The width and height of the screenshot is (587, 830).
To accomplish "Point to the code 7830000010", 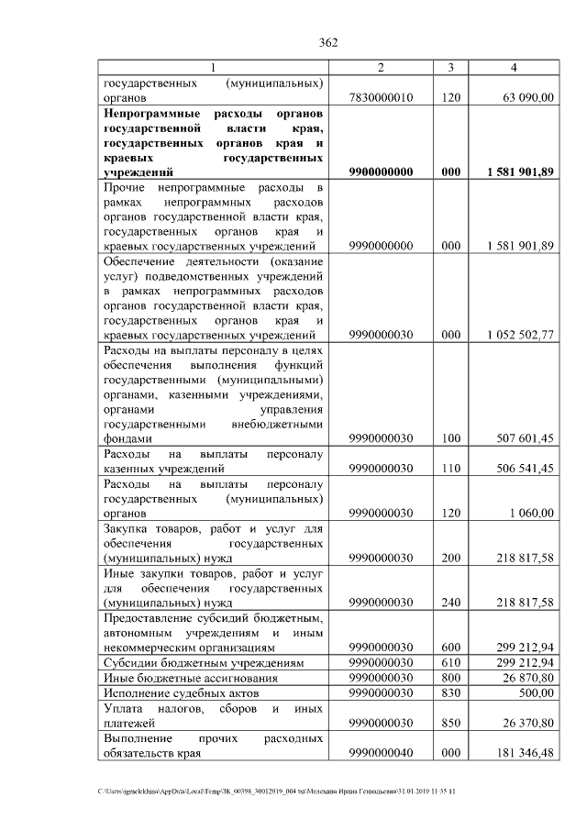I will coord(381,96).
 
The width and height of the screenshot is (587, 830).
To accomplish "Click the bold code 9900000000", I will coord(381,172).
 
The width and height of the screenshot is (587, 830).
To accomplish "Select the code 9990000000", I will coord(381,246).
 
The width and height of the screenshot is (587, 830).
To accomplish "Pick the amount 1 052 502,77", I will coord(520,336).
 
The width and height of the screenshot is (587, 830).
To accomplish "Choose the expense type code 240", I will coord(450,603).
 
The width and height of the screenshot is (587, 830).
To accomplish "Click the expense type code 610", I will coord(450,662).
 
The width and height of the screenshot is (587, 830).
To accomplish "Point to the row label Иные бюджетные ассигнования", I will coord(183,678).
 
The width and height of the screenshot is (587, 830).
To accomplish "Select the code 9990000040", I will coord(381,753).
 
